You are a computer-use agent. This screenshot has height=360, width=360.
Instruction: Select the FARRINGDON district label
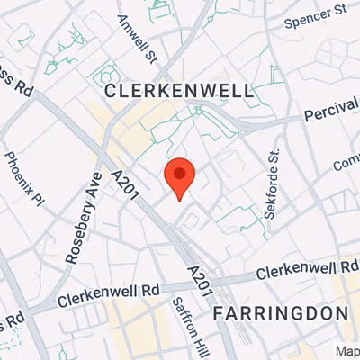point(281,313)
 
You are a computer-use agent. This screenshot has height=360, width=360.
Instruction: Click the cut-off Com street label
point(346,165)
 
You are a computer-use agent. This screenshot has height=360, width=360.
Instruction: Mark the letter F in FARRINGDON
point(220,313)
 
